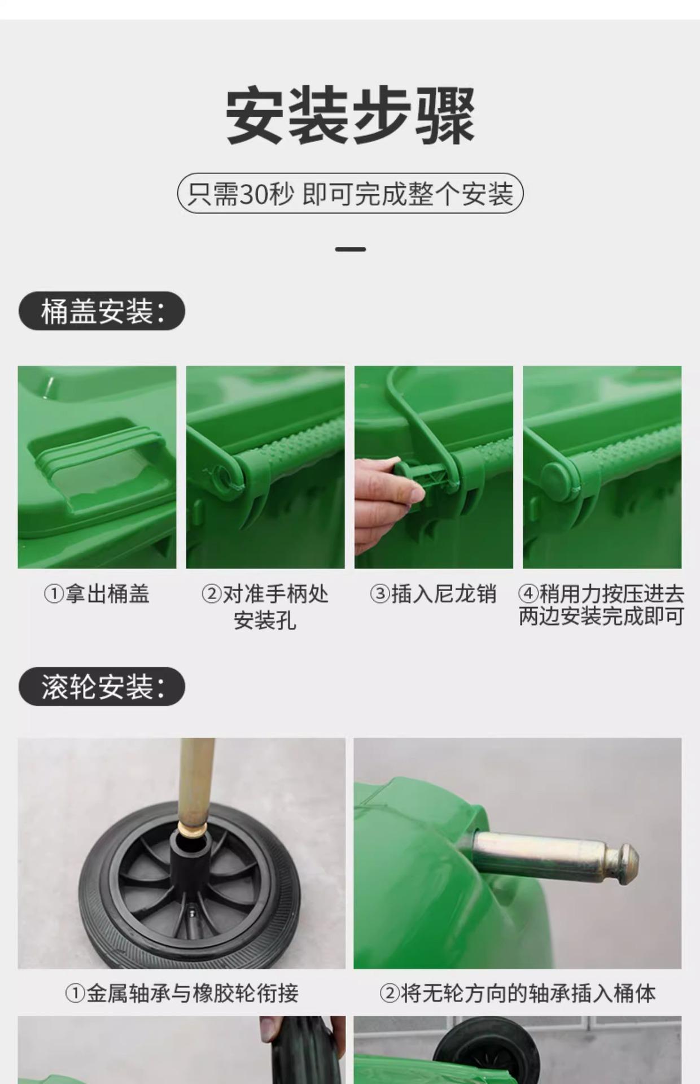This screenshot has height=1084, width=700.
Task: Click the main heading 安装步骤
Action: click(350, 116)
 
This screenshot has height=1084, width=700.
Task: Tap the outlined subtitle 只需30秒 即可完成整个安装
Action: click(350, 194)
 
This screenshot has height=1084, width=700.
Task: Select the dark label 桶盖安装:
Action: click(102, 311)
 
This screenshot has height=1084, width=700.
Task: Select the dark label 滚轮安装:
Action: click(102, 687)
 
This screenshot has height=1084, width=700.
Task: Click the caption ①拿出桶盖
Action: click(97, 594)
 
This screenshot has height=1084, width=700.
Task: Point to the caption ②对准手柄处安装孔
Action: click(265, 607)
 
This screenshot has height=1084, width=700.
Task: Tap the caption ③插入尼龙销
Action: click(433, 594)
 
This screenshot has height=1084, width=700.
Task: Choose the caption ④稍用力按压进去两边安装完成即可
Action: click(602, 605)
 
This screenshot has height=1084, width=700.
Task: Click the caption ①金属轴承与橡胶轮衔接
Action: click(181, 993)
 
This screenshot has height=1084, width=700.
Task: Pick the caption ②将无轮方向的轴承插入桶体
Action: click(517, 993)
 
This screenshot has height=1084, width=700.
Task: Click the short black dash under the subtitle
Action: click(350, 249)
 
